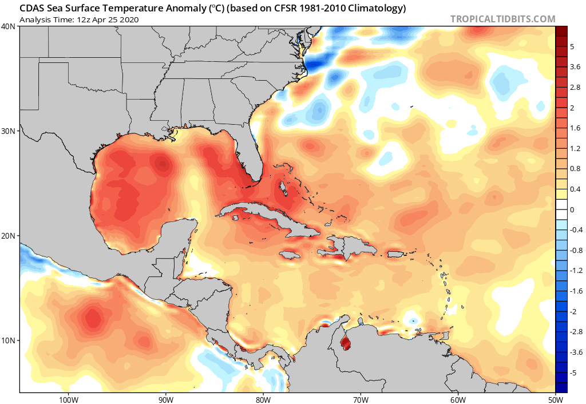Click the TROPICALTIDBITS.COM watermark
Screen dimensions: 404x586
(502, 19)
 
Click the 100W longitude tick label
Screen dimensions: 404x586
(68, 398)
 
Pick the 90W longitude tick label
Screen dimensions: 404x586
(165, 398)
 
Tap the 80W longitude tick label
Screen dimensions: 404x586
(263, 398)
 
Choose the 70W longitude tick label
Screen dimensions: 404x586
(361, 398)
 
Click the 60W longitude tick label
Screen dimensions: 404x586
(458, 398)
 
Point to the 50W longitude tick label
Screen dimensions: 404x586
(555, 398)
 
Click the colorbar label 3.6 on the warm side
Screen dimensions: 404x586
(575, 68)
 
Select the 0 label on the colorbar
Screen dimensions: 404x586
(572, 210)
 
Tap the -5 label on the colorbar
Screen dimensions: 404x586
(573, 373)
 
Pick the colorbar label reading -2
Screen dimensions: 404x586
(573, 311)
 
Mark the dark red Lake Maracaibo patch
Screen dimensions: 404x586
(345, 344)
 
